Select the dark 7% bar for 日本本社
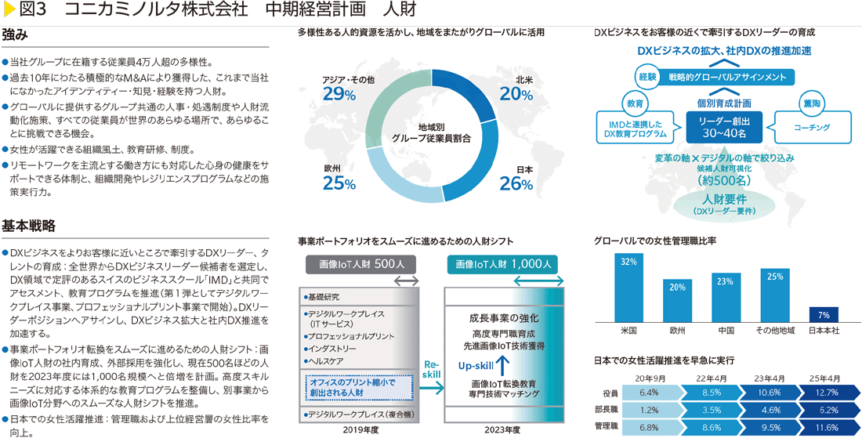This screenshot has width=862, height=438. click(824, 313)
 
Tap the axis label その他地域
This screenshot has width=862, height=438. click(774, 331)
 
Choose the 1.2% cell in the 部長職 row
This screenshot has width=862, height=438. click(648, 410)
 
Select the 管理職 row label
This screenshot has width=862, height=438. click(607, 426)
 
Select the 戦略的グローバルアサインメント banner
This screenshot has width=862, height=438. click(727, 77)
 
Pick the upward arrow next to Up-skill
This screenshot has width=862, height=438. click(504, 364)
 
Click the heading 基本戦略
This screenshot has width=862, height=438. click(28, 226)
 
